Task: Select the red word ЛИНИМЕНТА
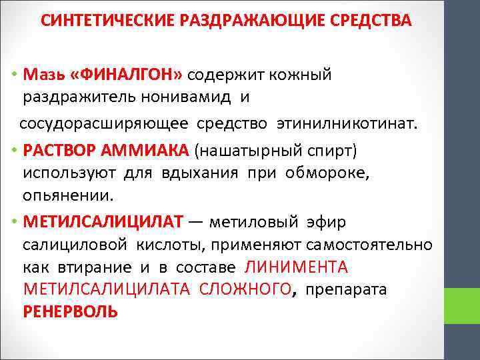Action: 297,267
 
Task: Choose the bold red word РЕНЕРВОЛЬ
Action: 70,311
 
